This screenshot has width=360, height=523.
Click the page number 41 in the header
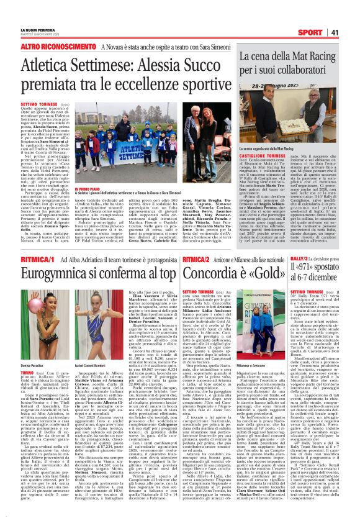tap(350, 32)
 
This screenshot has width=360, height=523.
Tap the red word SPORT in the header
tap(326, 32)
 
